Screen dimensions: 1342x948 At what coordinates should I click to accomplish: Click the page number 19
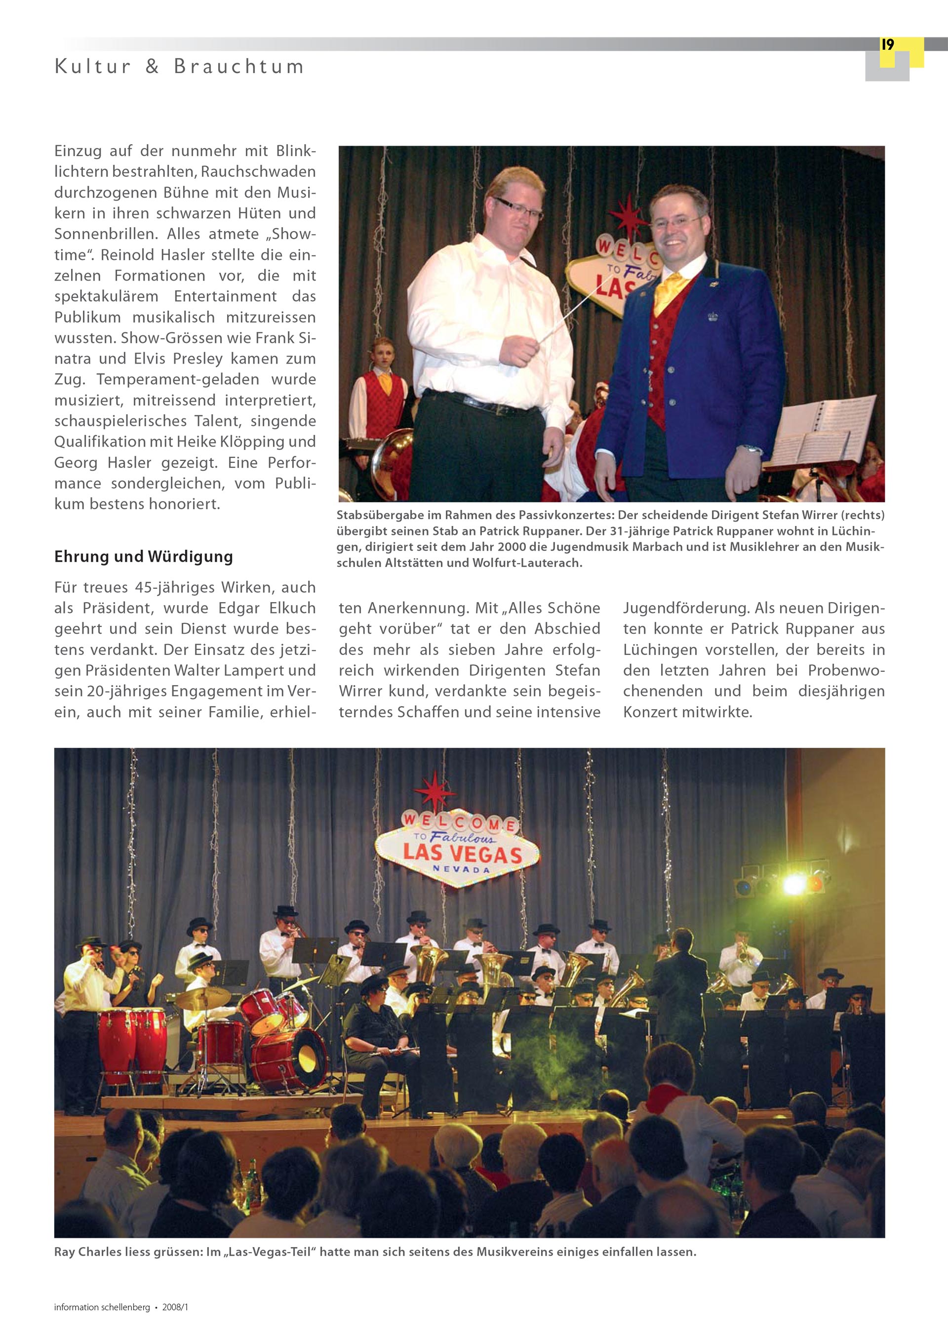[887, 45]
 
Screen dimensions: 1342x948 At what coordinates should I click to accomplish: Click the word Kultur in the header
[93, 67]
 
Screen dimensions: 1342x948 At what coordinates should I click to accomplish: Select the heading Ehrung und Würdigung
[143, 557]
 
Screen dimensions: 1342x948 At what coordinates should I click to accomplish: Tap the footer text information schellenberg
[102, 1307]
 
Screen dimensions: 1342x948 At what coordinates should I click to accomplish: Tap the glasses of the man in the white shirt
[519, 208]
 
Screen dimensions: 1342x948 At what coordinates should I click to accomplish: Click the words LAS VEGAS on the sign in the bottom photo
[462, 854]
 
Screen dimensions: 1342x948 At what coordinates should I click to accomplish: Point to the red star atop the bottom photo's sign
[435, 790]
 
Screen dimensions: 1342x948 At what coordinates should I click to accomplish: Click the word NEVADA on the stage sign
[461, 870]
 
